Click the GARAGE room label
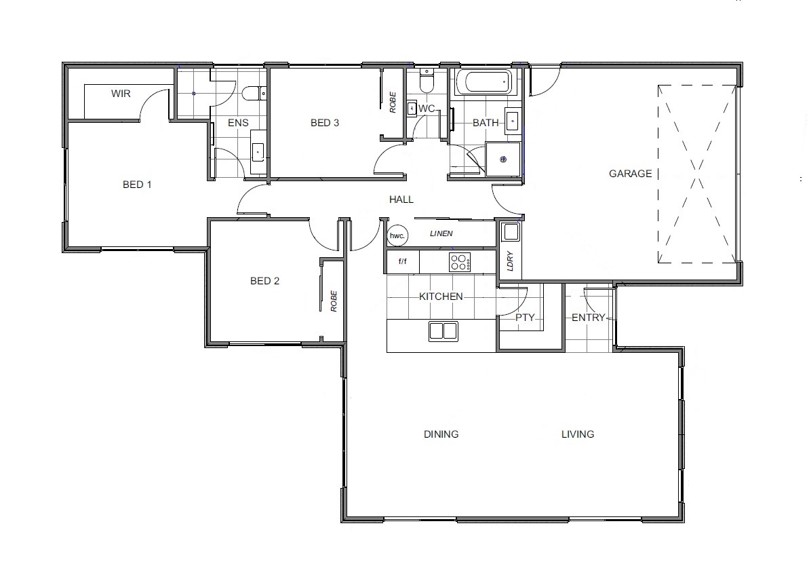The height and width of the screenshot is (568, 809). point(630,174)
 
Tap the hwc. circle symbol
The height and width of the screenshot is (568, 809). point(397,235)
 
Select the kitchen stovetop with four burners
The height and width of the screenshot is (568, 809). point(460,262)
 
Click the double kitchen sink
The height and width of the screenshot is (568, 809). point(443,331)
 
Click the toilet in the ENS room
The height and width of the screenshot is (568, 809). point(254,94)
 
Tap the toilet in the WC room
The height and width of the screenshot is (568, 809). point(427,83)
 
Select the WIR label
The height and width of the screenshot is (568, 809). point(121,94)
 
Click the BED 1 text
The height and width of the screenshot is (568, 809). point(137,185)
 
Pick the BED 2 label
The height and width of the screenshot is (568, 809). point(264,281)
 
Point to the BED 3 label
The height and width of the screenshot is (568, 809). point(325,123)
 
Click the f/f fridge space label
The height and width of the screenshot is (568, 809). point(402,261)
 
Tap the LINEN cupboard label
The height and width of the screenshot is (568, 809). point(441,233)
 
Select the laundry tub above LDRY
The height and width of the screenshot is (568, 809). point(511,232)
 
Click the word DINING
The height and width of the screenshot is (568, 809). point(441,434)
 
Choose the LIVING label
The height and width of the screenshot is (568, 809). point(578,434)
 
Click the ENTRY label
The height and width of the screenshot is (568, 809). point(588,318)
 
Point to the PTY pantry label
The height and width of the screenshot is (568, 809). point(526,318)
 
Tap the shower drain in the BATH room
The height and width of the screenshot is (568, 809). point(503,159)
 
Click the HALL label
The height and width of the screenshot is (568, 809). point(401,200)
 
